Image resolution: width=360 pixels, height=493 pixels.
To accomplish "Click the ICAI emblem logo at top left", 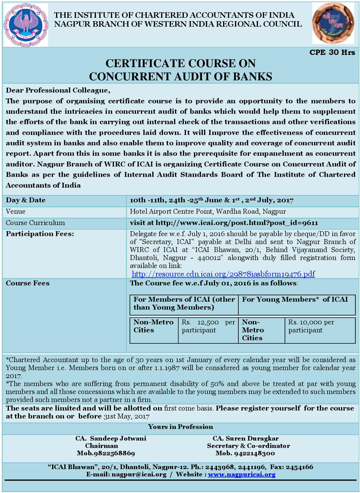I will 26,25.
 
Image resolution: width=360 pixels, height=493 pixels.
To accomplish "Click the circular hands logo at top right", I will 333,24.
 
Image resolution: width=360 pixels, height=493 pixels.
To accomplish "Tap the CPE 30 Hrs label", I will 332,52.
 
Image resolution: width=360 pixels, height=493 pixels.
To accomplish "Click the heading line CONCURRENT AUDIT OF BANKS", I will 180,76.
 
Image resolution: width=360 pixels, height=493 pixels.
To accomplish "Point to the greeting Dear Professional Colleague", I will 58,90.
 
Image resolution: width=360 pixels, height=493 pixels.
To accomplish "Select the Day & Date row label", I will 26,200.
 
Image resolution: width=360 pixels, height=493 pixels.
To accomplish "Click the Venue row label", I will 16,211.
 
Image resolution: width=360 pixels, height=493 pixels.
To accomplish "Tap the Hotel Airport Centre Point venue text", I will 208,211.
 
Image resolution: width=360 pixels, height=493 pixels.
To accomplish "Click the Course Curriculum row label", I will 35,223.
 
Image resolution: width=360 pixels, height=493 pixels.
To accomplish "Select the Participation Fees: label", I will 40,234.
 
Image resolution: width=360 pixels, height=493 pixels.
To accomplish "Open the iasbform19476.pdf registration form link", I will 223,274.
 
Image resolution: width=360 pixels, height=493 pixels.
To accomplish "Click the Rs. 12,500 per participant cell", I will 208,326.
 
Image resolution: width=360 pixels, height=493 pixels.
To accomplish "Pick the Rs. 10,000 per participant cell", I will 311,326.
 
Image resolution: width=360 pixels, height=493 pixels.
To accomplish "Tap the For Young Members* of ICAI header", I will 295,300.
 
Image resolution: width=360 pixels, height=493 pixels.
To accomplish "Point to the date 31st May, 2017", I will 126,416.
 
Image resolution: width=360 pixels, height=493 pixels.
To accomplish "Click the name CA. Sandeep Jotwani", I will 111,438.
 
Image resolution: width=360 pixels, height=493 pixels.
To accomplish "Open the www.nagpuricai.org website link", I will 242,474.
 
